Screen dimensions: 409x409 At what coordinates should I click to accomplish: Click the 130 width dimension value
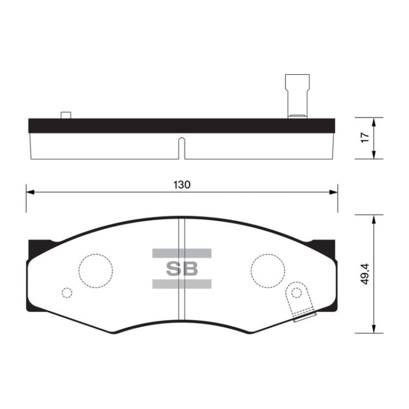[x=182, y=185]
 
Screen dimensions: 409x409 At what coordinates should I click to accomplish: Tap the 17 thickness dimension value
[x=365, y=137]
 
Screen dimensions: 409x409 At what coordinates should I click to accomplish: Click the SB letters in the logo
[x=182, y=269]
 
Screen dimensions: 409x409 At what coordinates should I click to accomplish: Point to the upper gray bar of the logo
[x=182, y=253]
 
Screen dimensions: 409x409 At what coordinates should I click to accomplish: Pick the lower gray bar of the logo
[x=182, y=284]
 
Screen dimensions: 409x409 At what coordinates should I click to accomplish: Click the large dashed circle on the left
[x=96, y=254]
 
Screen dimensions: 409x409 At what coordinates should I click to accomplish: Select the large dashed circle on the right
[x=268, y=254]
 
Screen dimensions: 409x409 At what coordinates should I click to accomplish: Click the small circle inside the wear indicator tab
[x=296, y=288]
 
